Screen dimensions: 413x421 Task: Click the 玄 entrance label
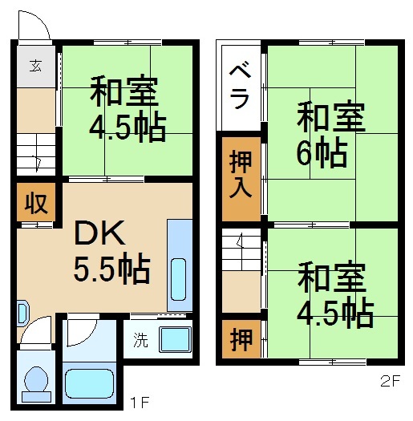[x=36, y=66]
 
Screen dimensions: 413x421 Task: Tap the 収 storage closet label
[x=36, y=203]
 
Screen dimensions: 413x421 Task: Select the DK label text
[x=99, y=233]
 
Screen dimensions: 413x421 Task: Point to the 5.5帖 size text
[x=111, y=269]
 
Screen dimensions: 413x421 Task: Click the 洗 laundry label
[x=140, y=340]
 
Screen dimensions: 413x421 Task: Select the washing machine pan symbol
[x=176, y=339]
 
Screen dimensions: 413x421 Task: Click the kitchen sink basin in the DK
[x=178, y=279]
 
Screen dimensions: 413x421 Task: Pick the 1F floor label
[x=140, y=403]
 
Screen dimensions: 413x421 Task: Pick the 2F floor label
[x=390, y=381]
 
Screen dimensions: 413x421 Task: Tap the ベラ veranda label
[x=240, y=87]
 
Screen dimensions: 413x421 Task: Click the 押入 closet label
[x=241, y=174]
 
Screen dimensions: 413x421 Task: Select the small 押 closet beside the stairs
[x=241, y=340]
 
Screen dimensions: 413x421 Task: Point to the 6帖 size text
[x=322, y=152]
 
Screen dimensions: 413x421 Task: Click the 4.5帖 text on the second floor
[x=335, y=313]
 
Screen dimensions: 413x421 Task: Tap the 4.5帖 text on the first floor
[x=128, y=128]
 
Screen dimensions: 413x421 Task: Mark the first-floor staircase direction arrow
[x=38, y=164]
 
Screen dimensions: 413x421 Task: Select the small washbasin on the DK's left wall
[x=22, y=314]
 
